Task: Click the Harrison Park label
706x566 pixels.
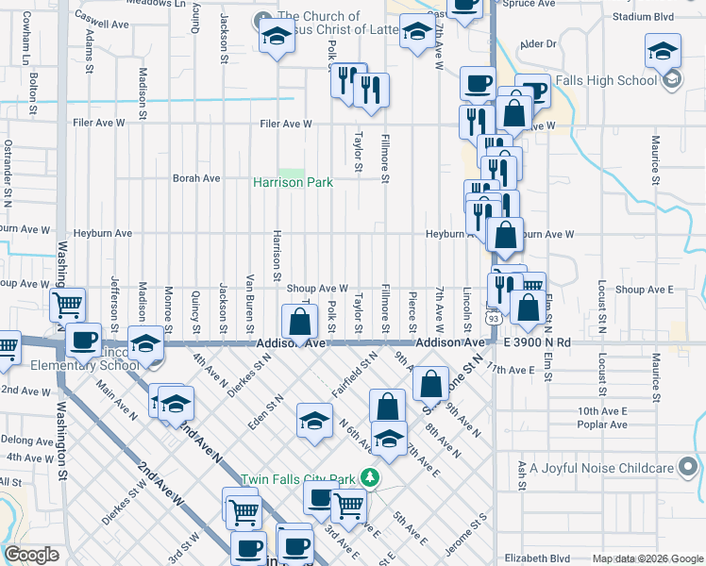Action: tap(293, 182)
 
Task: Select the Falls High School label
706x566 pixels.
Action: tap(607, 80)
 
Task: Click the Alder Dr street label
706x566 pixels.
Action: tap(538, 43)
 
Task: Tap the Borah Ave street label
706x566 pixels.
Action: tap(196, 177)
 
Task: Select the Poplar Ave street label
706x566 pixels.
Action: tap(603, 424)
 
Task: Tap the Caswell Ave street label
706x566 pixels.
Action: tap(101, 17)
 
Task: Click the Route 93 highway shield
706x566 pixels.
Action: tap(493, 319)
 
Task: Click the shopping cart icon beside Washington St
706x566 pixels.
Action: tap(68, 305)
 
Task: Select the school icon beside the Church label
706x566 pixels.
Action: tap(275, 36)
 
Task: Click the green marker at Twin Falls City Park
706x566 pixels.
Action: tap(371, 478)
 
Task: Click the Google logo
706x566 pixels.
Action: tap(32, 555)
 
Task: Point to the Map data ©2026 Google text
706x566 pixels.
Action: tap(647, 558)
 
